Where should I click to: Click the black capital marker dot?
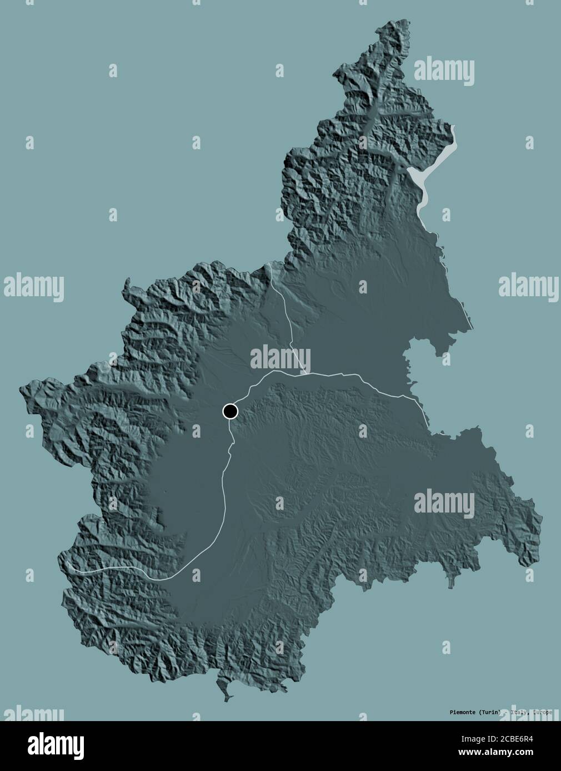click(230, 411)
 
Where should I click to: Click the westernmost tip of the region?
click(21, 388)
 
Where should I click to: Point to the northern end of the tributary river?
click(268, 265)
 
